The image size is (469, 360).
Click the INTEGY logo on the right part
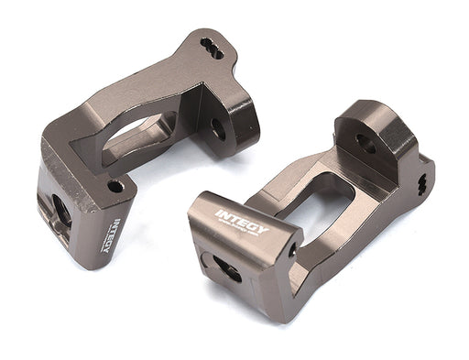(242, 223)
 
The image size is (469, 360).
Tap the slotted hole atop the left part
(212, 48)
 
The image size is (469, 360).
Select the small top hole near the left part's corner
(115, 186)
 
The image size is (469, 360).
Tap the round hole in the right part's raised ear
(365, 143)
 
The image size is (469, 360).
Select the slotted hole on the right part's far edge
(422, 183)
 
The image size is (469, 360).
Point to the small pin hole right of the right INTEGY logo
(292, 247)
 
